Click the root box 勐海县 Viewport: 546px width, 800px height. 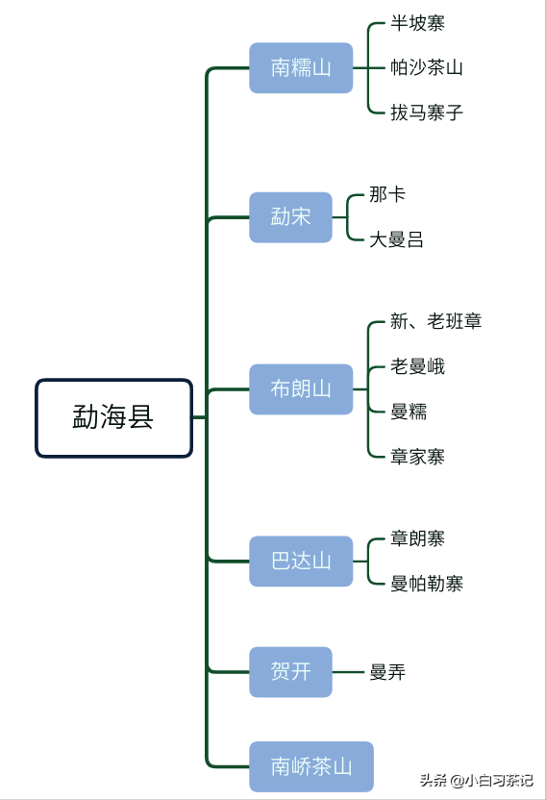click(x=113, y=418)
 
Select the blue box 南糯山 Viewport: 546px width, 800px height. click(x=301, y=68)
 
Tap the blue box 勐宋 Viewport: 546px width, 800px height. click(x=290, y=217)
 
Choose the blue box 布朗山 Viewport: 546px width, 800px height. click(x=301, y=389)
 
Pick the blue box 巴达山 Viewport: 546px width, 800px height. click(x=301, y=562)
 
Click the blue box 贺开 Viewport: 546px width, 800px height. click(x=290, y=672)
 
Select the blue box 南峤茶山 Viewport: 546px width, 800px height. click(x=311, y=766)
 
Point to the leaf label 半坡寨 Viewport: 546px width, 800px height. click(x=417, y=23)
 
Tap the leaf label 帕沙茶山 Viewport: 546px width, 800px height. click(x=427, y=67)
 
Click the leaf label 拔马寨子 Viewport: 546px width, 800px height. click(x=427, y=112)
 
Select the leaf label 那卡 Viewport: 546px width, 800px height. click(x=387, y=194)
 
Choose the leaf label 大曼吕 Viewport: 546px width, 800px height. click(x=396, y=239)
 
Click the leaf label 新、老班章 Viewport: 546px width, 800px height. click(x=436, y=321)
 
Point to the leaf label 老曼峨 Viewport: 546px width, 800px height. click(x=417, y=366)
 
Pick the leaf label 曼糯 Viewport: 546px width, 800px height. click(x=409, y=412)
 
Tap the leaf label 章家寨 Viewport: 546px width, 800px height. click(x=417, y=456)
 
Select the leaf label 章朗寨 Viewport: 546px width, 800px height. click(x=417, y=538)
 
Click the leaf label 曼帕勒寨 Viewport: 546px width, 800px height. click(x=427, y=583)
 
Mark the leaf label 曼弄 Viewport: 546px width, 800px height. click(x=387, y=672)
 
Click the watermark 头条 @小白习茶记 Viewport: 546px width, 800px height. click(x=477, y=780)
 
